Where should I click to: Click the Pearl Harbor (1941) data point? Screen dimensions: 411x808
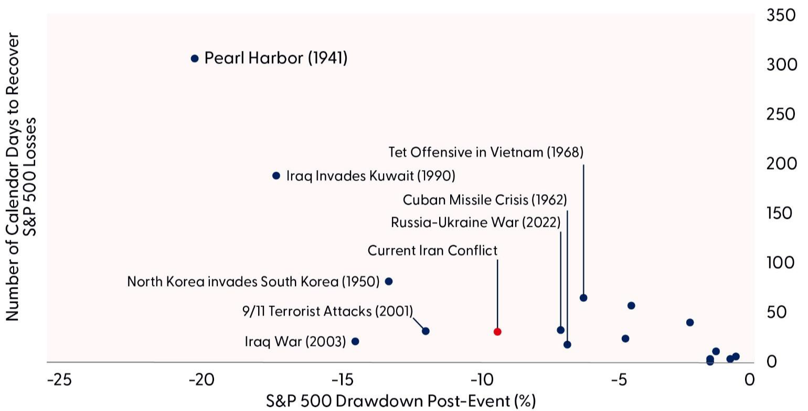tap(195, 58)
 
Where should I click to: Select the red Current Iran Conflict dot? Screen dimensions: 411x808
tap(497, 332)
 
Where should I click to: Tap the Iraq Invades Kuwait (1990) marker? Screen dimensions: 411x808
tap(277, 176)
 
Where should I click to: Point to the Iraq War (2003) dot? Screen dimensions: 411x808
tap(355, 341)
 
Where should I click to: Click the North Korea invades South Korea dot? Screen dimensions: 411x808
tap(389, 281)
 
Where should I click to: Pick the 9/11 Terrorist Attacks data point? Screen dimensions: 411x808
tap(426, 331)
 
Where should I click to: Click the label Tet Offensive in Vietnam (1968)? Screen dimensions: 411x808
tap(486, 152)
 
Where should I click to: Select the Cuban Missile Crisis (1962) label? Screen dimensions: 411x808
tap(485, 200)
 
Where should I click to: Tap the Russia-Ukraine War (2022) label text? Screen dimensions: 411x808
tap(476, 223)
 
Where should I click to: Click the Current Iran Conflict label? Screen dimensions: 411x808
tap(432, 250)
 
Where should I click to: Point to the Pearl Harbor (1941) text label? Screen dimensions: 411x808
tap(276, 58)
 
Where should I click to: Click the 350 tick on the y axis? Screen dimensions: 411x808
tap(781, 16)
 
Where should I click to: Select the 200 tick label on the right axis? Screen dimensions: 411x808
tap(781, 164)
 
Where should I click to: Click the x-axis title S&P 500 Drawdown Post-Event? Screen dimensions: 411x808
tap(401, 401)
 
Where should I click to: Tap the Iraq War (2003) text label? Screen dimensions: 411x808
tap(295, 342)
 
